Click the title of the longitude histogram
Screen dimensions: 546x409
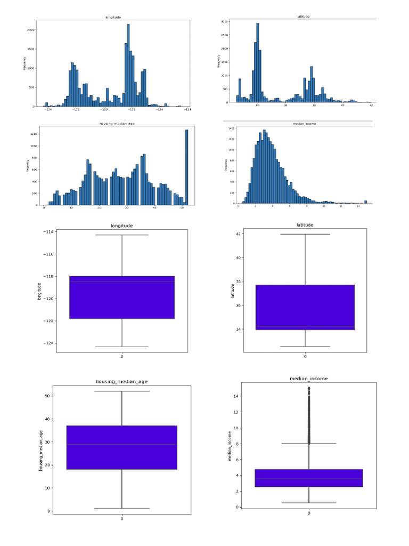114,18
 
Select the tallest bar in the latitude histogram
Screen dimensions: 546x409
257,62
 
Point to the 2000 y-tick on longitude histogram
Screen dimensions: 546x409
32,30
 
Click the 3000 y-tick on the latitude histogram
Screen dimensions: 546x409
225,22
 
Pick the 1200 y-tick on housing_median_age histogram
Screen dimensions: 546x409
33,134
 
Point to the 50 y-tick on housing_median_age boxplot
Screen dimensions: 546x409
47,396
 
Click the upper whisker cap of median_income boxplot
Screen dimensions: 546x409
309,444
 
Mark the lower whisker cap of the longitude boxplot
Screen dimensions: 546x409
122,347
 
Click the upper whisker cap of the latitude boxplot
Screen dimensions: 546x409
305,234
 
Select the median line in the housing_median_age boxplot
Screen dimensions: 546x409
122,444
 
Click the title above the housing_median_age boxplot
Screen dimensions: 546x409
121,382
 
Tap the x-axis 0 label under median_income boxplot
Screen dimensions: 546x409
309,513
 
